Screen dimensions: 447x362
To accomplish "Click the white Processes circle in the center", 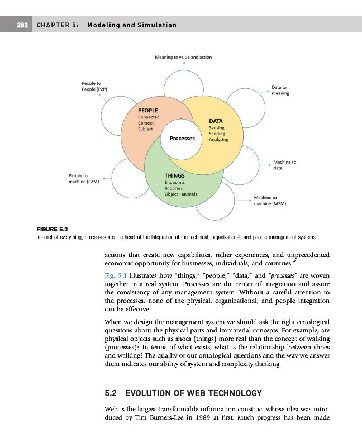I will click(182, 138).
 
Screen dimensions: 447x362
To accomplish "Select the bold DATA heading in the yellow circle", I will click(216, 121).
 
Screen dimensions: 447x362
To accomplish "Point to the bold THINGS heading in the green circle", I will click(174, 175).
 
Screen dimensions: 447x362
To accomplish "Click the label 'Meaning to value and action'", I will click(183, 57).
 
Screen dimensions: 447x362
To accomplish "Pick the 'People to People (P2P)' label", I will click(94, 86).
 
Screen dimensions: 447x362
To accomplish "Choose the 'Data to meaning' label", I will click(280, 91).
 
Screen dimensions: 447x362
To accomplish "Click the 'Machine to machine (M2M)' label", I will click(270, 201).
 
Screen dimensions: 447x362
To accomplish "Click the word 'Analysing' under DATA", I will click(218, 140).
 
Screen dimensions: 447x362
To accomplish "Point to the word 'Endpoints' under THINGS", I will click(176, 182).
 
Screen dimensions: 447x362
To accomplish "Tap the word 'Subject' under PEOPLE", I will click(145, 129).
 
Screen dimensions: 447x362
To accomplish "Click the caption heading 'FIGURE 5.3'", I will click(51, 229).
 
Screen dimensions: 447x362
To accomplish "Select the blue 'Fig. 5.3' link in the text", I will click(116, 275).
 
